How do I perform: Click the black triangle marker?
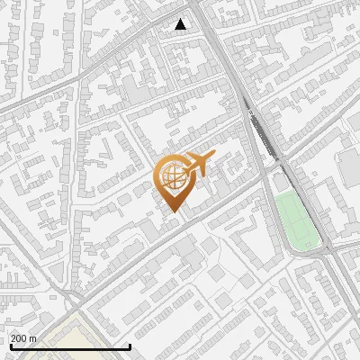[x=181, y=24]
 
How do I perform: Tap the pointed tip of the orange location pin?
[x=172, y=211]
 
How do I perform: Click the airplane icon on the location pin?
[x=199, y=164]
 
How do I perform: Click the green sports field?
[x=297, y=220]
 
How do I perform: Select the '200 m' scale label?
[x=23, y=337]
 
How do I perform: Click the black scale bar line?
[x=70, y=346]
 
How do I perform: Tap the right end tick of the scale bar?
[x=130, y=345]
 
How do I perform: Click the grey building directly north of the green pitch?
[x=282, y=182]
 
